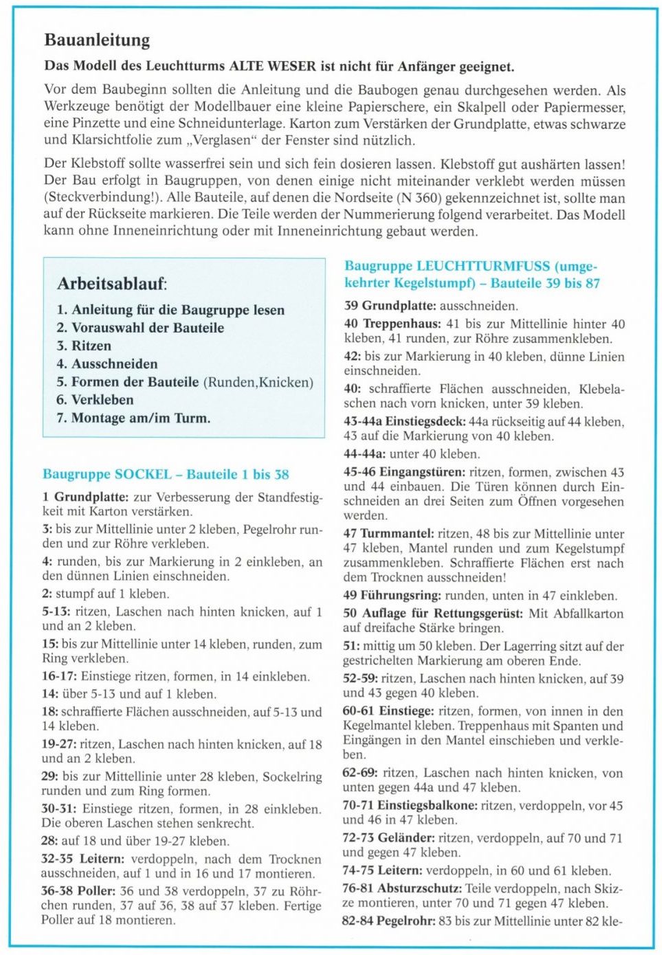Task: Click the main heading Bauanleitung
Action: pyautogui.click(x=97, y=40)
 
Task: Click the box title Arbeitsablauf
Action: pyautogui.click(x=111, y=283)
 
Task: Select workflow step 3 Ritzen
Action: pyautogui.click(x=84, y=346)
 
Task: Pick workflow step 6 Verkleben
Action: pyautogui.click(x=95, y=399)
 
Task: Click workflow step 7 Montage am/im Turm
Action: pyautogui.click(x=133, y=418)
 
